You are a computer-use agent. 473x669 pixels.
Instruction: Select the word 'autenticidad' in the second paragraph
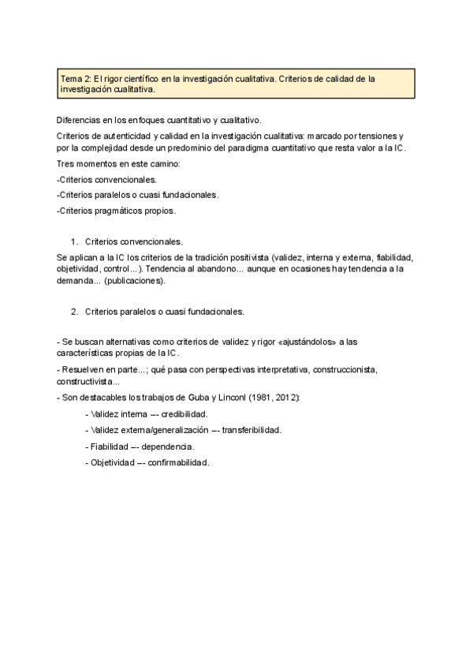[128, 136]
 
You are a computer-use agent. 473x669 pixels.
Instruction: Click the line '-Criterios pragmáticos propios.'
[116, 211]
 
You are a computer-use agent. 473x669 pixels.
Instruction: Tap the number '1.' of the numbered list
[75, 242]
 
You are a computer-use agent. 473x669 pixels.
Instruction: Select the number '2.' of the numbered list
[75, 311]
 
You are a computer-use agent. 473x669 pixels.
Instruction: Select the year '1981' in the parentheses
[262, 397]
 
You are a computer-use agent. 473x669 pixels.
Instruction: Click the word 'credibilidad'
[182, 413]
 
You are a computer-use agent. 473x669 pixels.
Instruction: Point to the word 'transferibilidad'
[251, 430]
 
